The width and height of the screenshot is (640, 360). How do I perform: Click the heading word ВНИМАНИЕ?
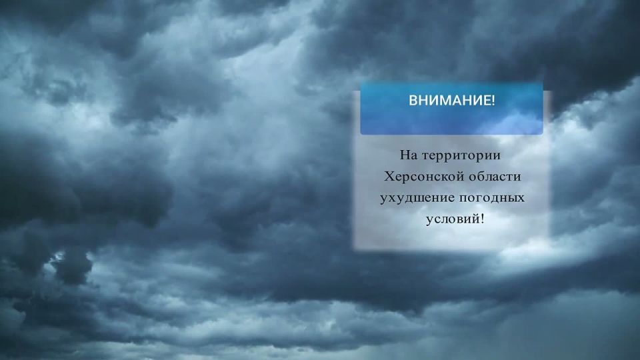[449, 101]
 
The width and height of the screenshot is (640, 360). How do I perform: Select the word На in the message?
[407, 155]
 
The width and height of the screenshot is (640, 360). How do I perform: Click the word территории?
[459, 156]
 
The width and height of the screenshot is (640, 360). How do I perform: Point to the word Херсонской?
[417, 177]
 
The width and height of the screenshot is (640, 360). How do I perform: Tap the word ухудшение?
[417, 198]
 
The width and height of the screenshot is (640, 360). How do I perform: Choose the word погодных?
[492, 198]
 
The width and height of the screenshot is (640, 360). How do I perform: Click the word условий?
[451, 219]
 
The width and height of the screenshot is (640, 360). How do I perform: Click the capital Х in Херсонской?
[389, 177]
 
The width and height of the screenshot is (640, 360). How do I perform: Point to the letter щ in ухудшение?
[419, 198]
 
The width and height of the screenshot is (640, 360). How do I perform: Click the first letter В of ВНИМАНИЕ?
[413, 101]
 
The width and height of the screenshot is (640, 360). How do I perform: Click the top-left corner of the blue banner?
[361, 83]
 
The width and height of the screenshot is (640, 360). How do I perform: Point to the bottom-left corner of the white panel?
[353, 251]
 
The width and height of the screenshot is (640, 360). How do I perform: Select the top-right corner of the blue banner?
[543, 83]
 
